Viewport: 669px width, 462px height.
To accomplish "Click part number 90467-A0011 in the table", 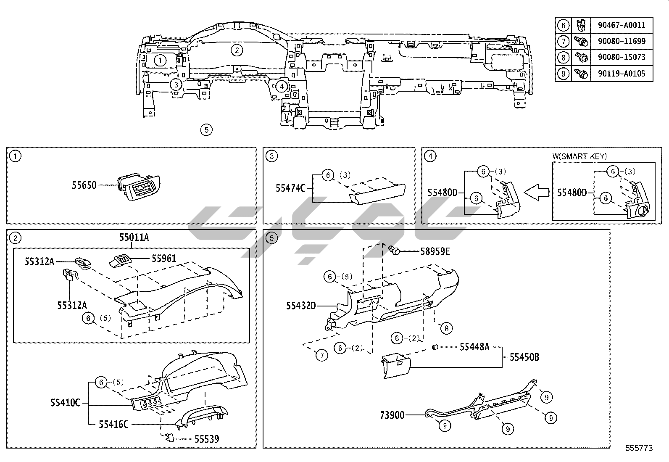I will [621, 25].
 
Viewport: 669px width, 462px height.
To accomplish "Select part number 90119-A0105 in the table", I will [621, 74].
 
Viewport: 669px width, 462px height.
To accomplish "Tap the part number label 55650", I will [84, 185].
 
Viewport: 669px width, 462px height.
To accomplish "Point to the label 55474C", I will [290, 188].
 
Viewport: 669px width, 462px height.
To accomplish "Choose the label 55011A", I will [134, 238].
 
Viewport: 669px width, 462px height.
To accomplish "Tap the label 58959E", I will [435, 251].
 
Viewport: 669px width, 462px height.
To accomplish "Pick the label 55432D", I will [301, 306].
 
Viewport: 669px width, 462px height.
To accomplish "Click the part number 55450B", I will [524, 357].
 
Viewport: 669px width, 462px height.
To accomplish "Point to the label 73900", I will [392, 415].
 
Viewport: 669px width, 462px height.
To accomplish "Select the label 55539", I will [206, 439].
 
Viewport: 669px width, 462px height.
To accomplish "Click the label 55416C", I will [113, 424].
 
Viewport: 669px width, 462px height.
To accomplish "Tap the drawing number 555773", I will [639, 448].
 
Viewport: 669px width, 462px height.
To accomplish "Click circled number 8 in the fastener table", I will [563, 58].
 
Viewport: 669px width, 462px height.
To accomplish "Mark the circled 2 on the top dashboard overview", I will [237, 50].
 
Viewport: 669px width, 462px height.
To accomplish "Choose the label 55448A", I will [474, 347].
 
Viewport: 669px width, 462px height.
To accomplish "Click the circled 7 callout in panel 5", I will [321, 355].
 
